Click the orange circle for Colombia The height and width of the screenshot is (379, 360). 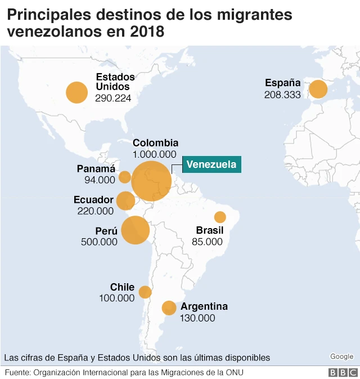click(151, 181)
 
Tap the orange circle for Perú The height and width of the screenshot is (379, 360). click(135, 230)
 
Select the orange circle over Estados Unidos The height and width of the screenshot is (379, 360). click(77, 92)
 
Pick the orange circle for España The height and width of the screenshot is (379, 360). click(318, 90)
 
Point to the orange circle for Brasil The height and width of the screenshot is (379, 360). click(220, 217)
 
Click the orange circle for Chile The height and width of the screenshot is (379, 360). click(145, 292)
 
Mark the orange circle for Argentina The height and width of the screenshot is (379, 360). click(169, 307)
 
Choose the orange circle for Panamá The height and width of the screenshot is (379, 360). click(125, 177)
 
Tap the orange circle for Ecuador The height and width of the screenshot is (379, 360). click(125, 200)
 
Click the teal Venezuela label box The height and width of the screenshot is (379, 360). click(211, 164)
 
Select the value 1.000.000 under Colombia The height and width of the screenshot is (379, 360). click(155, 154)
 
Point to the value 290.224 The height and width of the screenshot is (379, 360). click(113, 98)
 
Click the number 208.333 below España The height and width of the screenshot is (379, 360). click(282, 95)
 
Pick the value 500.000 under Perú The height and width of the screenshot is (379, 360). click(99, 242)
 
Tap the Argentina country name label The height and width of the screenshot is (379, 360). click(204, 307)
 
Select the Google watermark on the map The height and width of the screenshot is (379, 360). click(341, 356)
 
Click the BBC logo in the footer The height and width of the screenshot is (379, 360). click(343, 373)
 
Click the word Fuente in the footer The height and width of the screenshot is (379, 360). click(17, 372)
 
